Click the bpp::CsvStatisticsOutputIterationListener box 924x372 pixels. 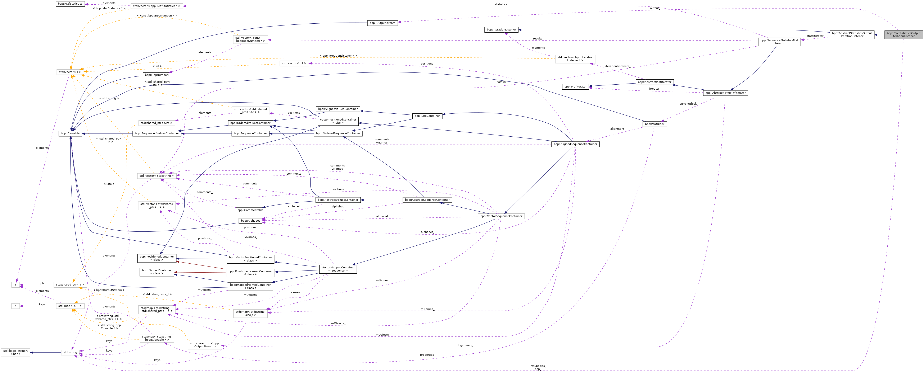903,34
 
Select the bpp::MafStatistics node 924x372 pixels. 70,4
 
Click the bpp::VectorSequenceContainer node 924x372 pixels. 501,216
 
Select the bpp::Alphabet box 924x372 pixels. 250,221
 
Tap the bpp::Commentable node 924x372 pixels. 250,210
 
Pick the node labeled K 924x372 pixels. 15,306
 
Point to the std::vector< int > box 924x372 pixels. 294,63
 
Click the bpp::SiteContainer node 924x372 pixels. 427,116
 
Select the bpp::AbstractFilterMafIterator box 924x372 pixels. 725,93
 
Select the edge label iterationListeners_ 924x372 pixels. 617,66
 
